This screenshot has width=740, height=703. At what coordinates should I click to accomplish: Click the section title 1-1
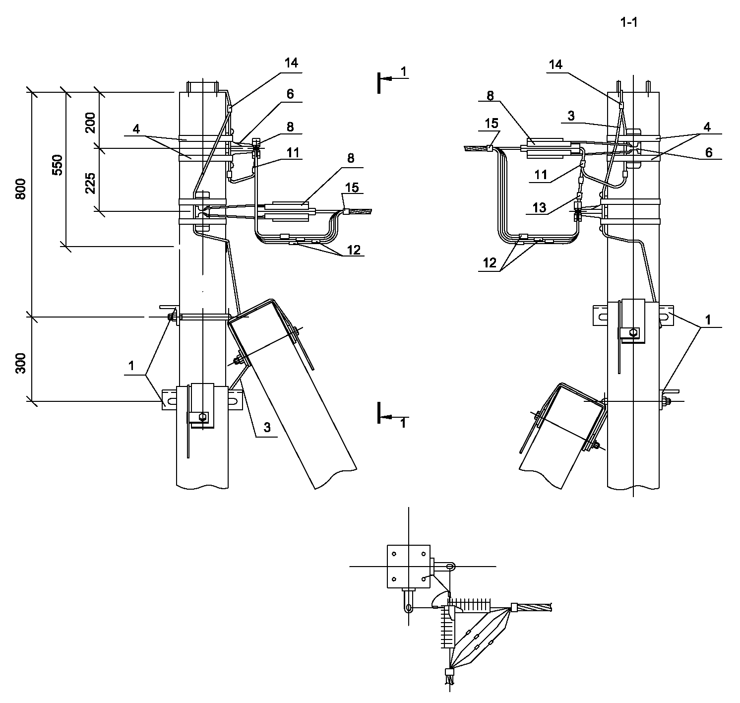tap(628, 23)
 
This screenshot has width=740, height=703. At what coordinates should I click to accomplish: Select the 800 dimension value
tap(21, 189)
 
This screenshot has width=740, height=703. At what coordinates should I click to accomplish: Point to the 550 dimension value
tap(57, 165)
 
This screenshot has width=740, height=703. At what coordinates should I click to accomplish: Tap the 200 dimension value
tap(90, 123)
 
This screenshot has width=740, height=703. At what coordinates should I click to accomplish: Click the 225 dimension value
tap(90, 184)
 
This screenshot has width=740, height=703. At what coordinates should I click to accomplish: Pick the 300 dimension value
tap(21, 363)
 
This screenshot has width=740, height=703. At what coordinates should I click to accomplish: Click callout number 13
tap(539, 207)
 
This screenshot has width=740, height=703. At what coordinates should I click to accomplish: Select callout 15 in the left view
tap(352, 188)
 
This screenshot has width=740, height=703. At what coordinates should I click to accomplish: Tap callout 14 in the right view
tap(555, 65)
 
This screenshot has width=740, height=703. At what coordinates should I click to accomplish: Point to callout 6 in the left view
tap(290, 94)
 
